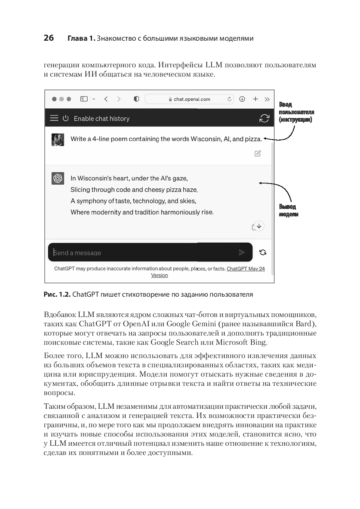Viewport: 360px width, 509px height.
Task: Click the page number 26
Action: pyautogui.click(x=49, y=38)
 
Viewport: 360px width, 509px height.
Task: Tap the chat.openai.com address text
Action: pyautogui.click(x=192, y=99)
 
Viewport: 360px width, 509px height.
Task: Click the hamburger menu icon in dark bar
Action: pyautogui.click(x=54, y=118)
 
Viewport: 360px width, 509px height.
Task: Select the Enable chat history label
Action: pyautogui.click(x=102, y=119)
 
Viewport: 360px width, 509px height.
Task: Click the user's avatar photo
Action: pyautogui.click(x=58, y=139)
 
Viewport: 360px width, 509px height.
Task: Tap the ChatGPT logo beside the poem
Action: pyautogui.click(x=58, y=178)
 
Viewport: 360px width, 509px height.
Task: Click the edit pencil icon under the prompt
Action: pyautogui.click(x=258, y=154)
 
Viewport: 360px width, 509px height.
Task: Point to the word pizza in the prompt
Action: pyautogui.click(x=253, y=139)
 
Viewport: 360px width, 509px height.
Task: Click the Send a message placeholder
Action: pyautogui.click(x=77, y=253)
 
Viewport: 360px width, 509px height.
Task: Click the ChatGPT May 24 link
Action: pyautogui.click(x=245, y=269)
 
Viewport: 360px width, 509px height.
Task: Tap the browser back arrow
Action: pyautogui.click(x=106, y=99)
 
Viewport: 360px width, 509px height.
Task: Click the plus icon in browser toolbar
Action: pyautogui.click(x=255, y=99)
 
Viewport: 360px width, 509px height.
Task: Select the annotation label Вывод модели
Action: pyautogui.click(x=288, y=210)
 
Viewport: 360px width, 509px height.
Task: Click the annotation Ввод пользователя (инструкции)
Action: pyautogui.click(x=296, y=112)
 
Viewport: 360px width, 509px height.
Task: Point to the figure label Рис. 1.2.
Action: pyautogui.click(x=57, y=294)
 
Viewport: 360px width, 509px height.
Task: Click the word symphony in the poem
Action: pyautogui.click(x=92, y=201)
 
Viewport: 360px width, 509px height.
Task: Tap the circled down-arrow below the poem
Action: pyautogui.click(x=259, y=226)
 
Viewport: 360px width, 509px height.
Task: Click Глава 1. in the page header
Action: pyautogui.click(x=81, y=38)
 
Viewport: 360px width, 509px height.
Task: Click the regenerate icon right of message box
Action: pyautogui.click(x=263, y=252)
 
